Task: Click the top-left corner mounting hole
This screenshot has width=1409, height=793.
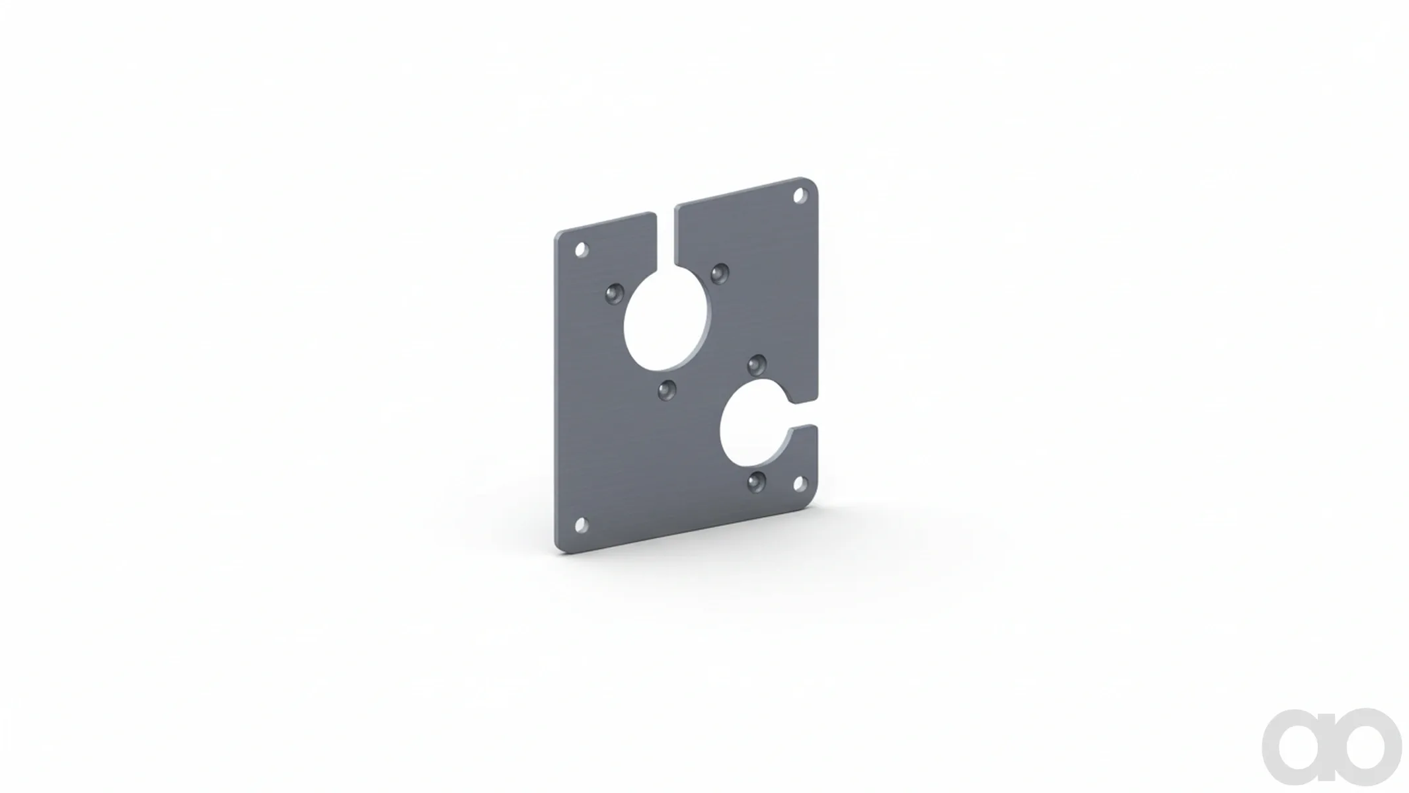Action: click(x=582, y=250)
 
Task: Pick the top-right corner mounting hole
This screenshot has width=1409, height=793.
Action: click(x=800, y=196)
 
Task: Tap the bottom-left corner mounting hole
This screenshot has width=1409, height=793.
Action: click(x=582, y=525)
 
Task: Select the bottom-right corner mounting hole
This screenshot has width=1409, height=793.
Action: click(x=800, y=483)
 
